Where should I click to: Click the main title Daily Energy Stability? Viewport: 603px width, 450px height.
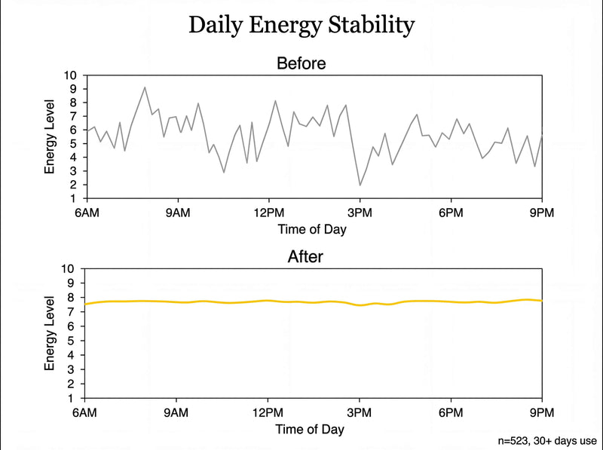(301, 25)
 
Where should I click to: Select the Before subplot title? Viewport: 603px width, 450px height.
(301, 63)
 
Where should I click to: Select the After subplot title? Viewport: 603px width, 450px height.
(306, 256)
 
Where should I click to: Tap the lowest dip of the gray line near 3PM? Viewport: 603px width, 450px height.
(360, 185)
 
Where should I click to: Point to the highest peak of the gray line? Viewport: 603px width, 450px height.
(145, 87)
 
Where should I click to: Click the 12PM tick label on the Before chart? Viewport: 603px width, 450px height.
(268, 213)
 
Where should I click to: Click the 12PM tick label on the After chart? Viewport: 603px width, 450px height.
(268, 412)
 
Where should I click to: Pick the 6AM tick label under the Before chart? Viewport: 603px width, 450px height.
(86, 213)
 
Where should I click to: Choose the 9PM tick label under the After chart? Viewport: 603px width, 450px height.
(542, 412)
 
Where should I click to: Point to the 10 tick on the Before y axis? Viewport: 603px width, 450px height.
(71, 75)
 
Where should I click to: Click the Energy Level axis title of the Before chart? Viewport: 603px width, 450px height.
(50, 136)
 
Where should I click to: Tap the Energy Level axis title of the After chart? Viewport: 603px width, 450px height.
(50, 333)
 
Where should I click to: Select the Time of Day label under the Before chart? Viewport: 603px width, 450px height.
(312, 229)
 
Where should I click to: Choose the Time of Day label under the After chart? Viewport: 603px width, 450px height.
(312, 429)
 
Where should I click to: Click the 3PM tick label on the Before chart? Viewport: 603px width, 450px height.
(360, 213)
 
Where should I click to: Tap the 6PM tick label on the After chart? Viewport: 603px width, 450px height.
(451, 412)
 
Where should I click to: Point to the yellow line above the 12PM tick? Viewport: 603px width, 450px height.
(268, 301)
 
